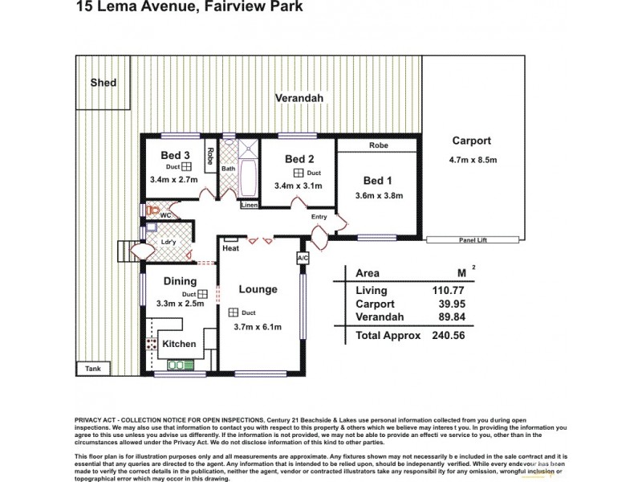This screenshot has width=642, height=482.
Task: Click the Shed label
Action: pos(103,83)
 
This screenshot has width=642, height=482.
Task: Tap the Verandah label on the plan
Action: pos(299,97)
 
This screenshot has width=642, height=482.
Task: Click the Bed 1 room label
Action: pos(378,180)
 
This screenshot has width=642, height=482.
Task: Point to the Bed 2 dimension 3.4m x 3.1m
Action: pos(298,186)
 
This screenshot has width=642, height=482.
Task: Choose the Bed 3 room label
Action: pos(175,155)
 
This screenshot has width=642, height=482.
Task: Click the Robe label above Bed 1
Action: pos(378,146)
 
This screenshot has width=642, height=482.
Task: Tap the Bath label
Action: pos(229,169)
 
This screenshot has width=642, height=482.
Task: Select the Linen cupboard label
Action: pos(250,206)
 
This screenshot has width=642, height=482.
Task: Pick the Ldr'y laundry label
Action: pos(169,242)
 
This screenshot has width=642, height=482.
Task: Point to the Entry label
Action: pos(319,218)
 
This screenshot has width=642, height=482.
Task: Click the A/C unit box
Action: pos(303,258)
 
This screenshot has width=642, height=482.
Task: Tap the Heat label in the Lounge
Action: pos(232,248)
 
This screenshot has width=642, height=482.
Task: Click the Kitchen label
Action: pos(179,343)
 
